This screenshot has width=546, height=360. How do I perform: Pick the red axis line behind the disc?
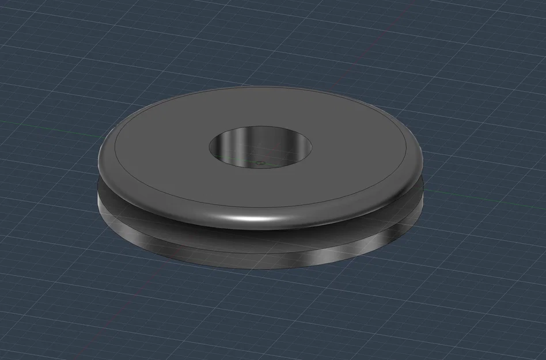click(x=397, y=17)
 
